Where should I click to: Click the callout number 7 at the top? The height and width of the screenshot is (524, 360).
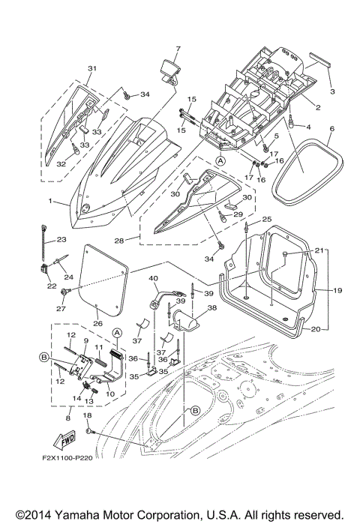click(178, 49)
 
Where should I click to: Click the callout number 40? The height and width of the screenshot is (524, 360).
click(153, 279)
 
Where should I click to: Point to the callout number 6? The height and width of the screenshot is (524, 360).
click(331, 129)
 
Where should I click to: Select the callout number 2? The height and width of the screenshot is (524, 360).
click(317, 108)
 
